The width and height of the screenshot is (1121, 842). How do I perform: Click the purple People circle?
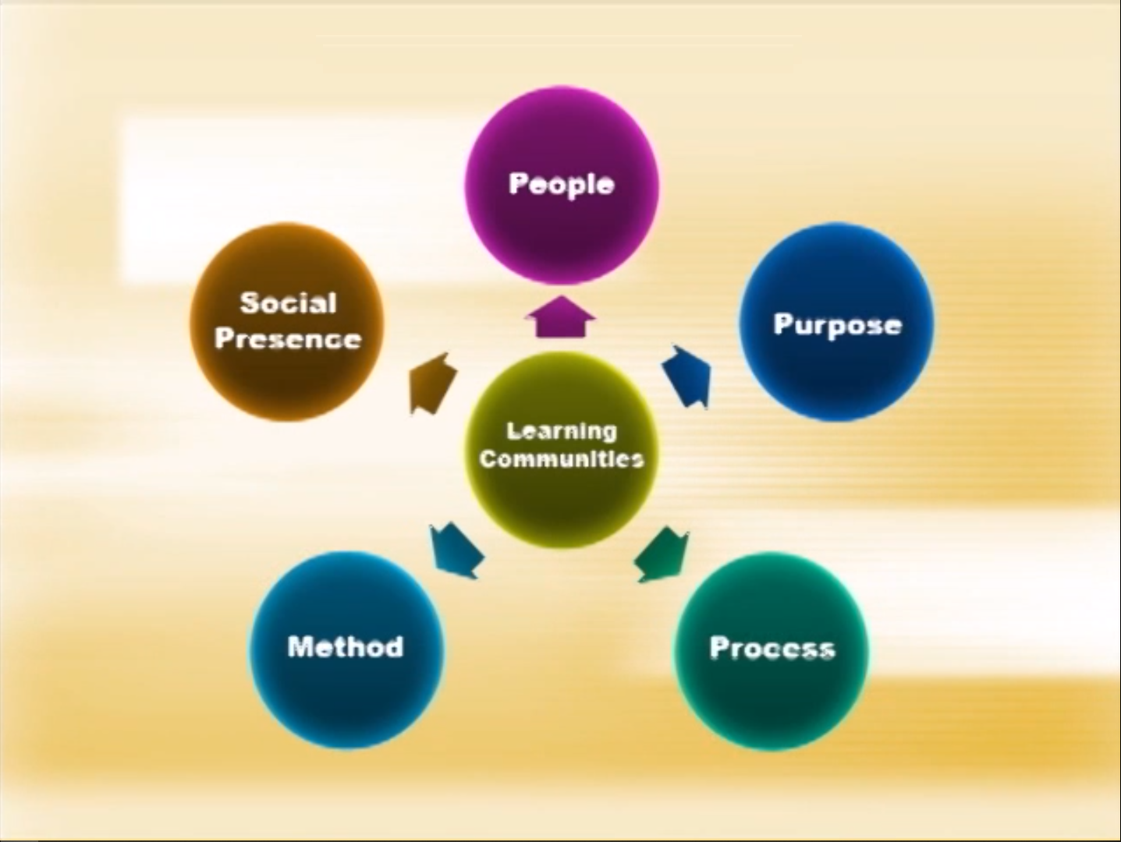[x=561, y=186]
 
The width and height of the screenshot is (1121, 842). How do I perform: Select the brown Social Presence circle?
[x=287, y=322]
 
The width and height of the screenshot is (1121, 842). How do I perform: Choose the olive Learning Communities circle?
[x=561, y=450]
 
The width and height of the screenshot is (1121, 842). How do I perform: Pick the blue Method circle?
[x=347, y=650]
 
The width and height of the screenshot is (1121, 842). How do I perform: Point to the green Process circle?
[x=772, y=651]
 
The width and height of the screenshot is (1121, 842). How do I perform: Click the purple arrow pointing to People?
[x=561, y=317]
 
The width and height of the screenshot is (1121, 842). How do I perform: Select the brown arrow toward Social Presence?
[x=433, y=384]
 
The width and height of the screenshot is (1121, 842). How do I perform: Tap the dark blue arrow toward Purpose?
[x=687, y=377]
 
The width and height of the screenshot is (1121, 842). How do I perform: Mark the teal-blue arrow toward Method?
[x=456, y=551]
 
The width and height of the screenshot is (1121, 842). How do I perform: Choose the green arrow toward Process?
[x=662, y=554]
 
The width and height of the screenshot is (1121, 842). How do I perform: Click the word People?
[x=561, y=184]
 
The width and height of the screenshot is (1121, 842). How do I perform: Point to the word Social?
[x=288, y=303]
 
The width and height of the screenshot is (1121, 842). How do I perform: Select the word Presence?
[x=288, y=338]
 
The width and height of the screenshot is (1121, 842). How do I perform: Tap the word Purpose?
[x=838, y=325]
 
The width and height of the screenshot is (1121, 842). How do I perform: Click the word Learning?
[x=561, y=432]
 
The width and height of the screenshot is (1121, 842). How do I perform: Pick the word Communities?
[x=561, y=459]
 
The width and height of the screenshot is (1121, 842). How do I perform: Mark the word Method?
[x=346, y=646]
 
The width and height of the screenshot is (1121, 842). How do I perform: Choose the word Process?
[x=772, y=648]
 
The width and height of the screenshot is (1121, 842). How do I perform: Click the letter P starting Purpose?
[x=783, y=324]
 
